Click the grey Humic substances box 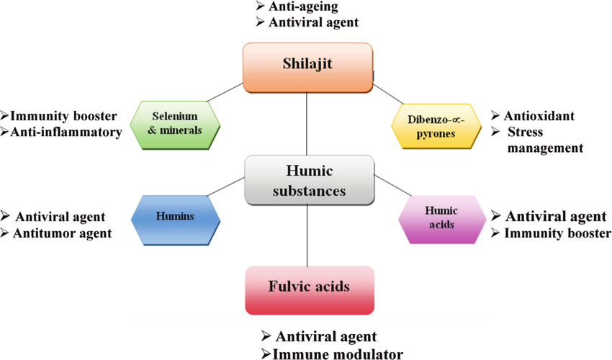tap(309, 179)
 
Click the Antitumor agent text tap(63, 233)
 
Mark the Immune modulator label tap(337, 353)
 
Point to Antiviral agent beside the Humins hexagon tap(60, 216)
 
